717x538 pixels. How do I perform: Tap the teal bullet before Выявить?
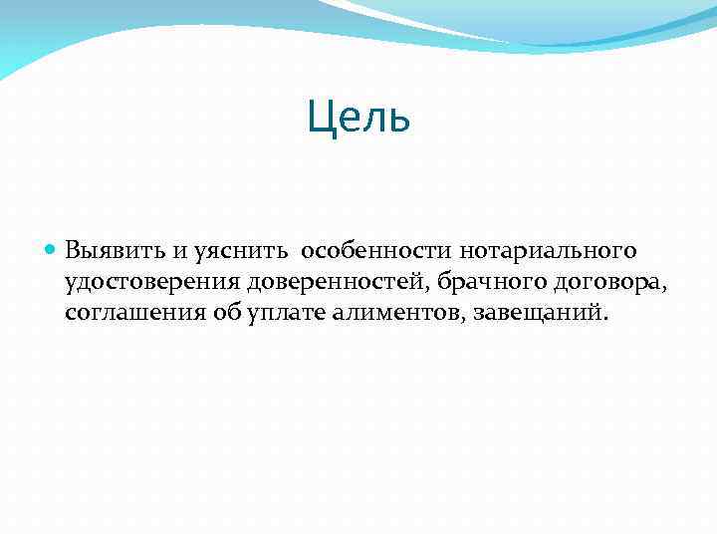click(52, 248)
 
